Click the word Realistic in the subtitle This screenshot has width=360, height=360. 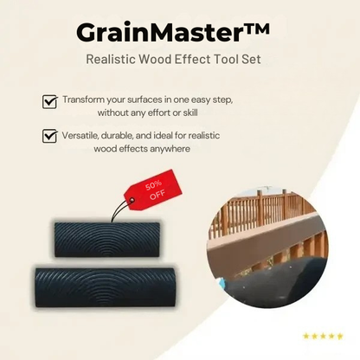point(113,60)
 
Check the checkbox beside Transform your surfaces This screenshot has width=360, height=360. point(49,101)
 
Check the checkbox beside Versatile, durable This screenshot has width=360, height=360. point(49,136)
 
